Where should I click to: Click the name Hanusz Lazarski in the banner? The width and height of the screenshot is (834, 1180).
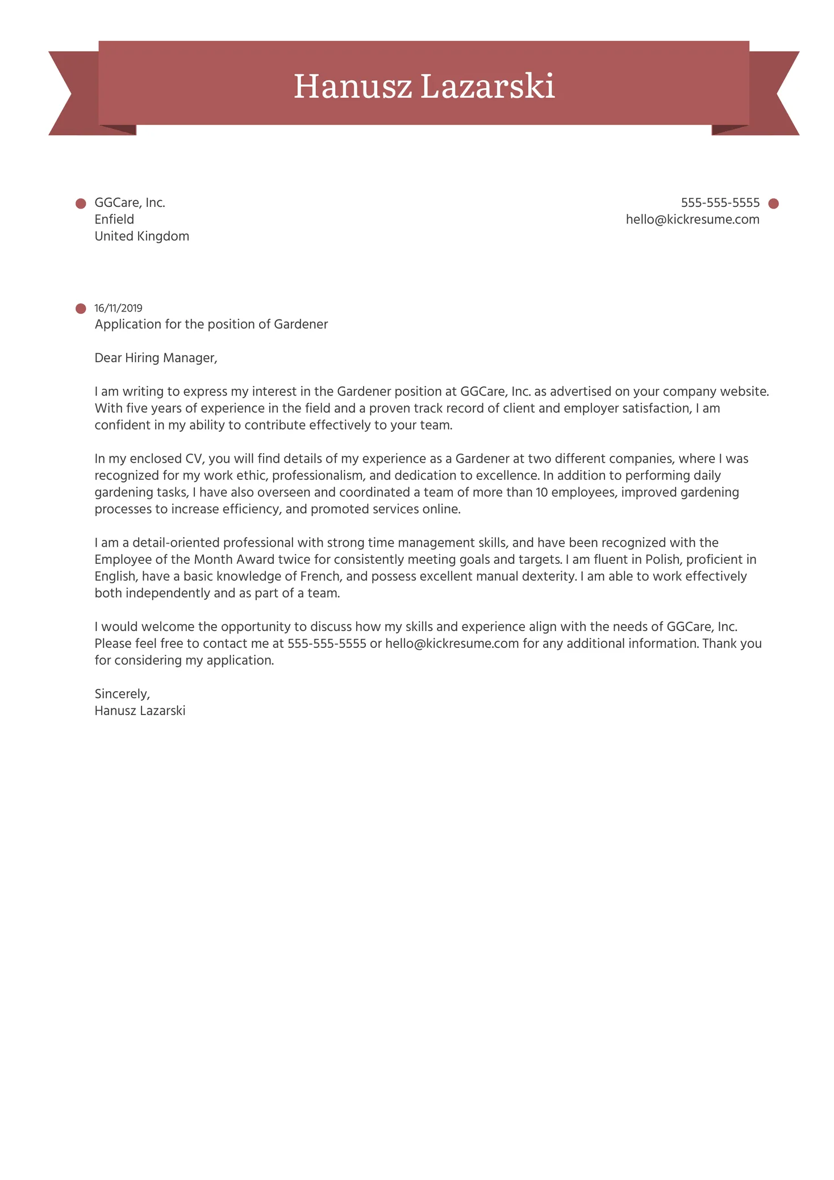424,86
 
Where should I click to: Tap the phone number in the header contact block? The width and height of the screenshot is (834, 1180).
720,203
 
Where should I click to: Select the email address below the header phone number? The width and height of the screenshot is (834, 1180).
692,219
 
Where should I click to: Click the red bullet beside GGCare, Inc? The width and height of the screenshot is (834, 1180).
81,203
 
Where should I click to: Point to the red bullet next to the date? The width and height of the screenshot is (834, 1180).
81,309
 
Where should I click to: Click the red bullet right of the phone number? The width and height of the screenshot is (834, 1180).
773,203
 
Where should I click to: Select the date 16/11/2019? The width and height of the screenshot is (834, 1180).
118,308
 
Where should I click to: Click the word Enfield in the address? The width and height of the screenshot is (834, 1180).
114,219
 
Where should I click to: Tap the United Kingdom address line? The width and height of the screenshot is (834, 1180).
141,236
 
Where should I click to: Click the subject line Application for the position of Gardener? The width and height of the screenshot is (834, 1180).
211,324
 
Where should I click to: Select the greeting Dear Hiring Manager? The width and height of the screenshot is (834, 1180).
156,358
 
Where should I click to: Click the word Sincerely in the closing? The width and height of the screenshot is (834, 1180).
122,693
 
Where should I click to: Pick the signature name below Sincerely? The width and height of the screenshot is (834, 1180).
140,711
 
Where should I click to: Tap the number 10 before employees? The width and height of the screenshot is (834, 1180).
541,492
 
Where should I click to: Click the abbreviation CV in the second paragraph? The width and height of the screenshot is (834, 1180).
194,459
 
